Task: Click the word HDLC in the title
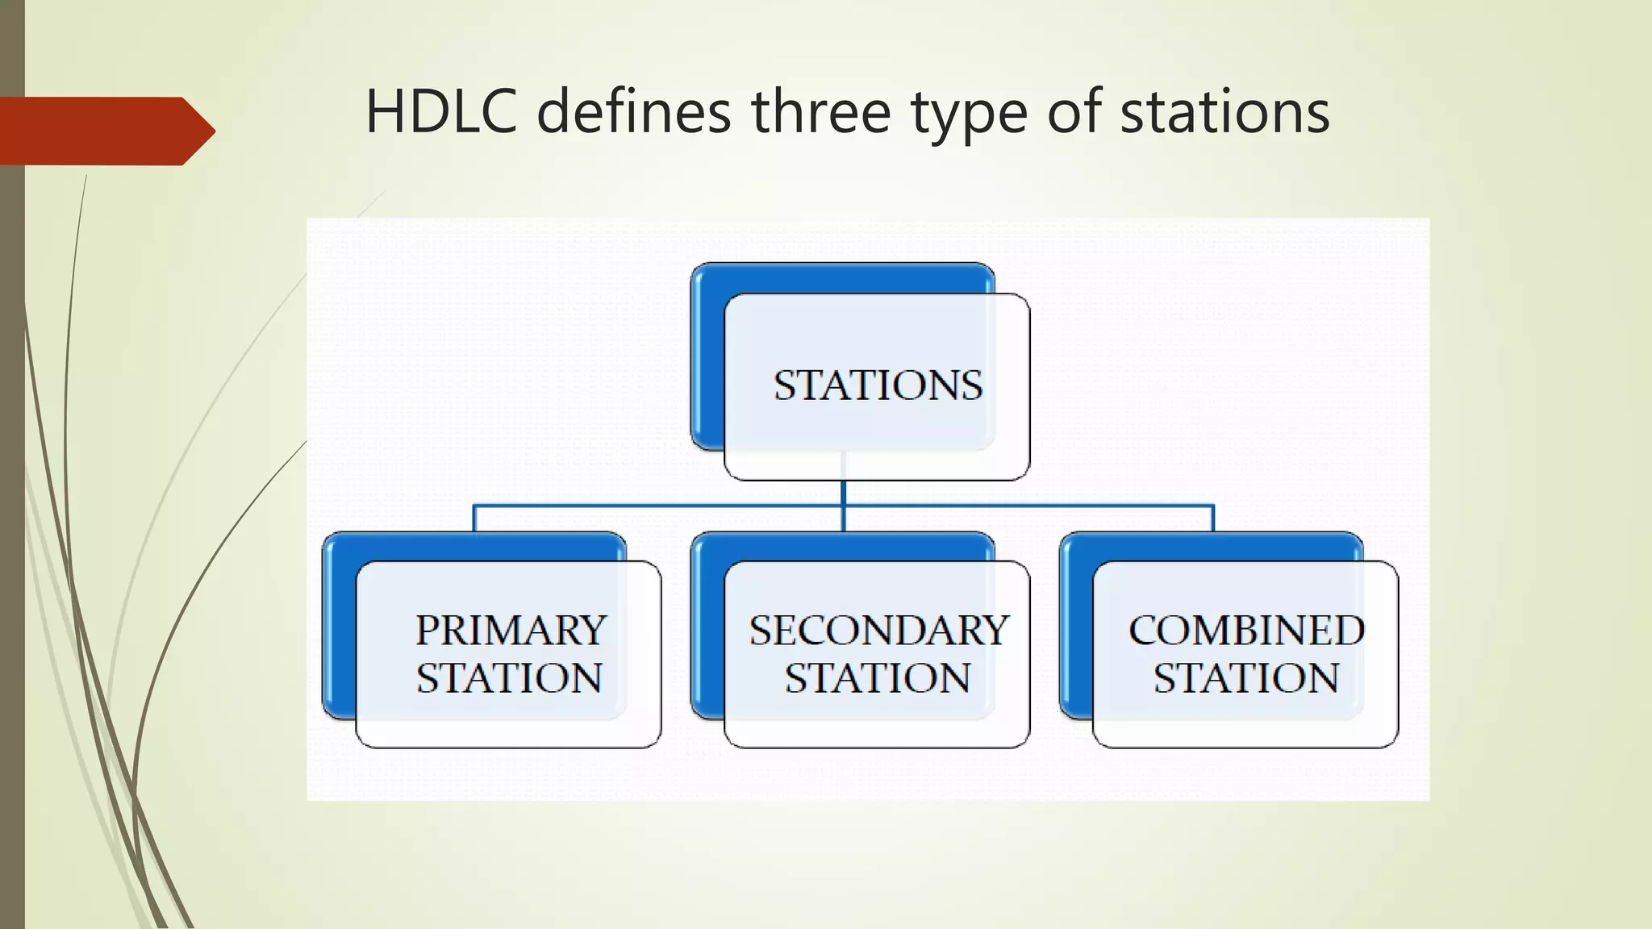(440, 111)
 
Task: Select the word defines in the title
(634, 111)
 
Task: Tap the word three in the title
(821, 111)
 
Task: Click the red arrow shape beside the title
(105, 131)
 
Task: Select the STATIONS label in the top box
(878, 385)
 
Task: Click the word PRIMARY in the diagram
(511, 631)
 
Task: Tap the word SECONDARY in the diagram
(878, 631)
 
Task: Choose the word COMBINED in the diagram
(1246, 631)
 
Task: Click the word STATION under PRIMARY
(509, 678)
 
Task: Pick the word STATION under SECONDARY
(878, 678)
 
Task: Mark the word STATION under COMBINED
(1246, 678)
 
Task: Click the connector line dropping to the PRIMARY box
(474, 518)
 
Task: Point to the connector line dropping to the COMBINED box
(1212, 518)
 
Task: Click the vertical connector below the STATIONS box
(843, 494)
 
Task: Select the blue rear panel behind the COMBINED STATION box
(1075, 629)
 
